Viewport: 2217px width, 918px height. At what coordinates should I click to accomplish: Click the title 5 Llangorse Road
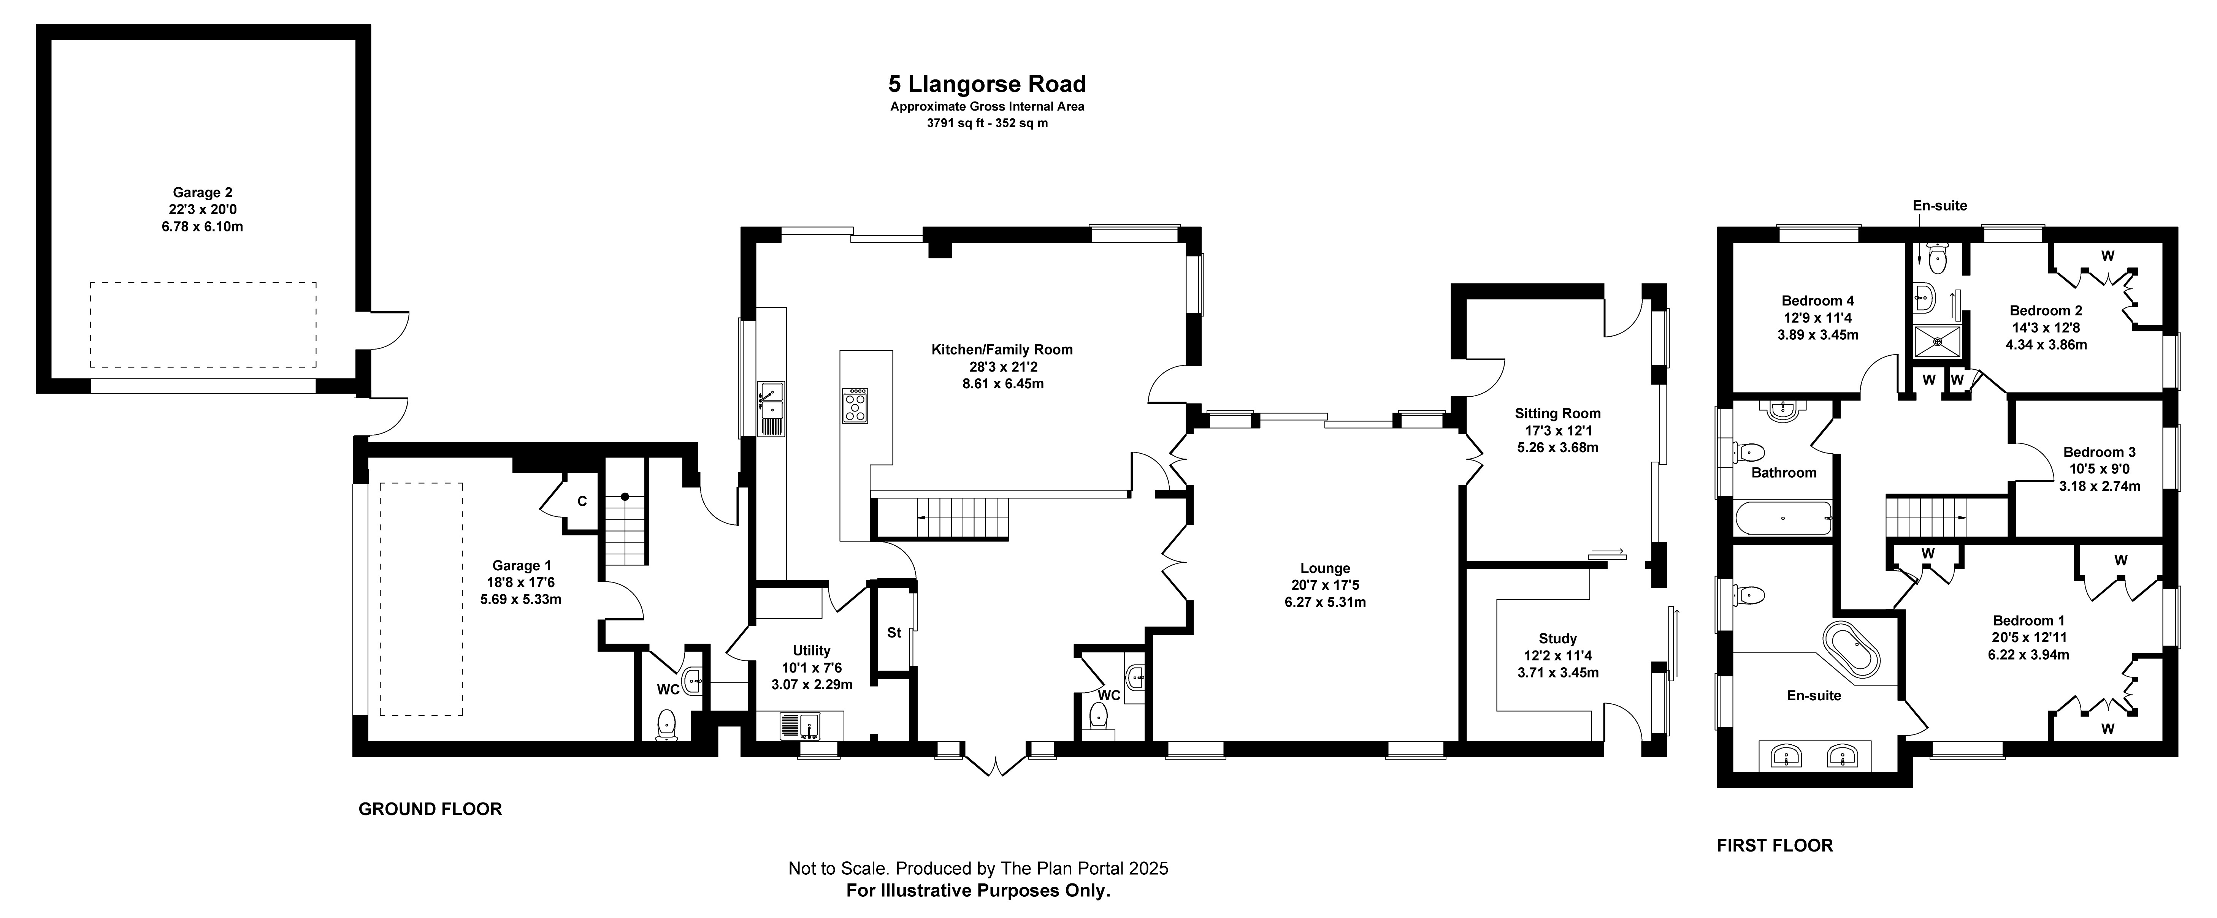pos(987,84)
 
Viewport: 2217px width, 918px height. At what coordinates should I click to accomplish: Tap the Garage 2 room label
pos(202,193)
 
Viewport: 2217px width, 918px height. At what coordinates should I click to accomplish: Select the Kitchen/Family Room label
pos(1002,349)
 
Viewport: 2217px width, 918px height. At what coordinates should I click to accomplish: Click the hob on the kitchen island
pos(855,406)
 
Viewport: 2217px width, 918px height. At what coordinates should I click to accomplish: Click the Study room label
pos(1558,638)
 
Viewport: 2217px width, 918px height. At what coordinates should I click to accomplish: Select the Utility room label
pos(812,651)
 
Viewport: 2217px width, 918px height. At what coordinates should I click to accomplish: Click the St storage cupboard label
pos(894,632)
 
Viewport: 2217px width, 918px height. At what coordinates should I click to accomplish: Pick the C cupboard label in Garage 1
pos(582,501)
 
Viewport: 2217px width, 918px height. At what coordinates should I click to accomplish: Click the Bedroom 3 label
pos(2099,452)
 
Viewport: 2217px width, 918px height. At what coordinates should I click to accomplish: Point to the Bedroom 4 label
pos(1818,300)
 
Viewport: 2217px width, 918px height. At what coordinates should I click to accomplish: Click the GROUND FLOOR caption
pos(430,809)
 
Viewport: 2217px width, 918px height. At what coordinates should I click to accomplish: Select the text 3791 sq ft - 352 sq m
pos(987,123)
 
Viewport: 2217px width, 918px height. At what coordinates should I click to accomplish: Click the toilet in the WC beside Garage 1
pos(667,725)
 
